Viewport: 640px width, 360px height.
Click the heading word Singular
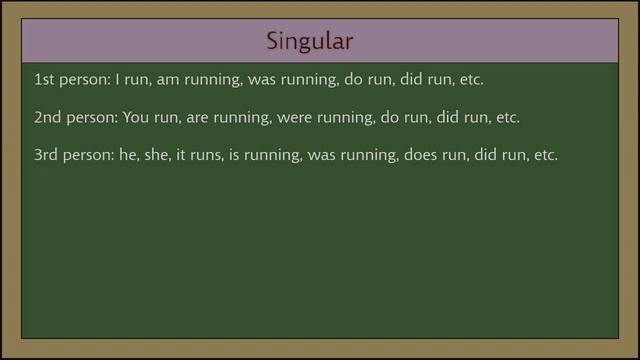pos(310,42)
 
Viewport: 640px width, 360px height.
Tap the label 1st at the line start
pos(45,78)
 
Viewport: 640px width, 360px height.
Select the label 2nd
pos(47,117)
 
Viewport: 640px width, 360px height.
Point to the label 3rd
pos(46,156)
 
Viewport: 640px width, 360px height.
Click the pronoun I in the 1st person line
pos(118,78)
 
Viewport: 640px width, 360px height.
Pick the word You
pos(136,117)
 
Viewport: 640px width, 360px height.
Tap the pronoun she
pos(162,156)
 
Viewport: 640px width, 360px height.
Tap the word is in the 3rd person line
pos(241,156)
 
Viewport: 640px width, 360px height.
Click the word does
pos(423,156)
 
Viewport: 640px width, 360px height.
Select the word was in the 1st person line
pos(257,79)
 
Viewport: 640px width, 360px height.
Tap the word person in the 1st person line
pos(84,79)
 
